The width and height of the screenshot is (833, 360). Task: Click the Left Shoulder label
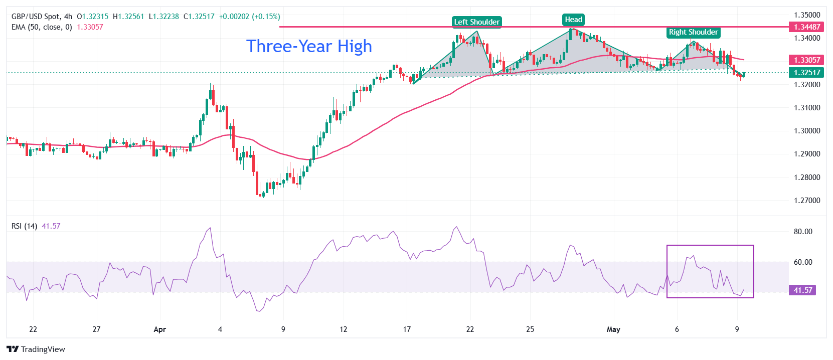coord(476,22)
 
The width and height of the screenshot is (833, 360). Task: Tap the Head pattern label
coord(574,20)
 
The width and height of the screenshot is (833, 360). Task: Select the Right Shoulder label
coord(693,32)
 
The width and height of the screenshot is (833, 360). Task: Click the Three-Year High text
coord(309,46)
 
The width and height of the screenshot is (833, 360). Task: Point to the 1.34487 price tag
coord(807,27)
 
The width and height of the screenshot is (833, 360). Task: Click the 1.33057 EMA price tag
coord(807,60)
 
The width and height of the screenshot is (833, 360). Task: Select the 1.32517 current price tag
coord(807,73)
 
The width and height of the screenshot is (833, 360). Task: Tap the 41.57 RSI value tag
coord(802,290)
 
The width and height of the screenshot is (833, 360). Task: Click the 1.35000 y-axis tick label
coord(807,15)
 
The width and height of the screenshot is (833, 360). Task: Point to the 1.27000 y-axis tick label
coord(807,201)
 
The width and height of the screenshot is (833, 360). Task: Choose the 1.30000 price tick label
coord(807,131)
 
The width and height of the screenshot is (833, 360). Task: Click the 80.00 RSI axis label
coord(803,232)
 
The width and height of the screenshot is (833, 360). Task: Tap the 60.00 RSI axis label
coord(803,262)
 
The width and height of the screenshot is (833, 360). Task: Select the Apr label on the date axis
coord(159,329)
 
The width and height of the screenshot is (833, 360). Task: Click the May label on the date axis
coord(613,329)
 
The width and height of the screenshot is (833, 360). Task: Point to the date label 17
coord(407,329)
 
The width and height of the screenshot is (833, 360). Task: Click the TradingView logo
coord(36,349)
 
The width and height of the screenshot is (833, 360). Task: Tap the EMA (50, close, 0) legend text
coord(42,27)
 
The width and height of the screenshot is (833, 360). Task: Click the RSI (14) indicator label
coord(24,226)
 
